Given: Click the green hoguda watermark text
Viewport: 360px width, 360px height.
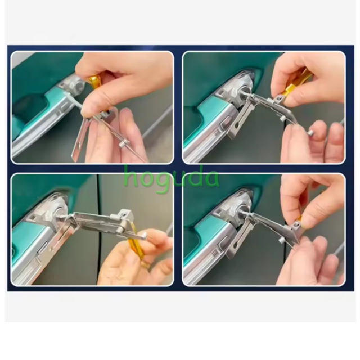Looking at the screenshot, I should (172, 178).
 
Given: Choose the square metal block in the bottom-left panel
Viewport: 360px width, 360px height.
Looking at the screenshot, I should (124, 216).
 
